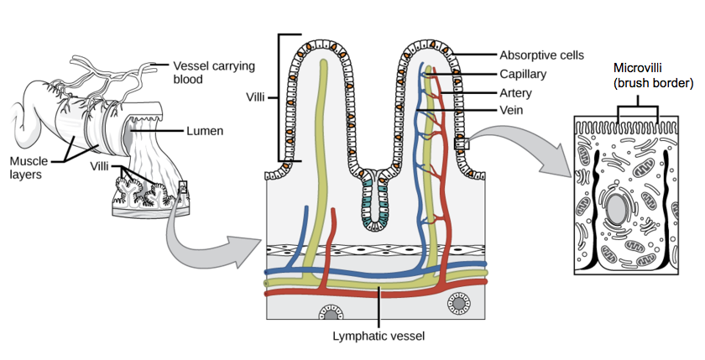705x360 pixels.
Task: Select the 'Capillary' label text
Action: click(x=523, y=74)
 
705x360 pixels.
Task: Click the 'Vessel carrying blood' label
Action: click(x=213, y=73)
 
